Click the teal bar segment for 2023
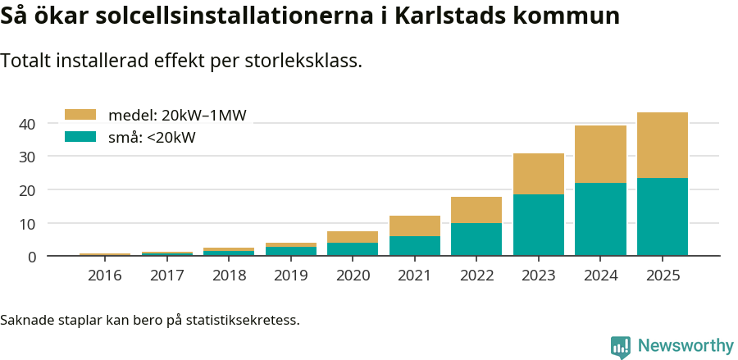[539, 225]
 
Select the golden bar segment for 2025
[663, 145]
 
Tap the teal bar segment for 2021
[415, 246]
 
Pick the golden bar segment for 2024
[600, 154]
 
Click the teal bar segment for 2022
[476, 239]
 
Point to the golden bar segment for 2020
[353, 237]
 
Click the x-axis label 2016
[105, 276]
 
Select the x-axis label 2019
[291, 276]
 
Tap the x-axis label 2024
[600, 276]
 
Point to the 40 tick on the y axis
[28, 124]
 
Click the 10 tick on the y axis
[28, 224]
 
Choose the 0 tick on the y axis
[32, 257]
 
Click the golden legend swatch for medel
[80, 115]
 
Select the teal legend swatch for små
[80, 137]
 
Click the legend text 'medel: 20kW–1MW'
[177, 116]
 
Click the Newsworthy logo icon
[621, 346]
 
